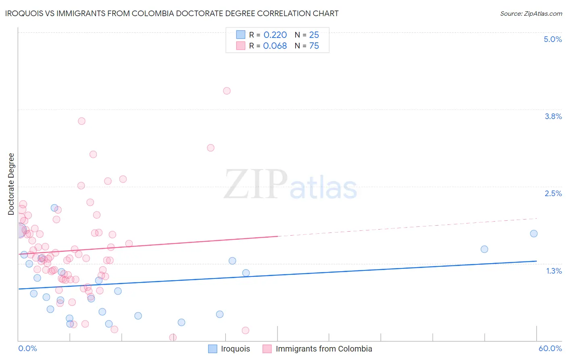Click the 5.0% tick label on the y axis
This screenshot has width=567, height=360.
coord(552,39)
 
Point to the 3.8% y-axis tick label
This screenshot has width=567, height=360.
coord(553,116)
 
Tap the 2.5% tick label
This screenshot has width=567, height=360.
coord(553,193)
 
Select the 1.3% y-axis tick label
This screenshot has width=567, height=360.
coord(554,271)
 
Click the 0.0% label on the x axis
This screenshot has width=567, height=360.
coord(27,348)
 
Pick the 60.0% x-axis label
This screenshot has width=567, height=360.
coord(550,348)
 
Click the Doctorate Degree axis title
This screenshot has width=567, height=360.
coord(11,184)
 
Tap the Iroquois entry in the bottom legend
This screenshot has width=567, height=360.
coord(235,349)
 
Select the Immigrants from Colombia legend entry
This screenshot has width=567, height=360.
coord(323,349)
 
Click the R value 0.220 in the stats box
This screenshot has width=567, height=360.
coord(275,35)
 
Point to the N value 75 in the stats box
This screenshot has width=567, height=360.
coord(314,46)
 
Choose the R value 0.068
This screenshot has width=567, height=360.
coord(275,46)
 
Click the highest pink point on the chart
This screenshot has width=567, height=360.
coord(227,91)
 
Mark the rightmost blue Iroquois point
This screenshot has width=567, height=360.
coord(534,234)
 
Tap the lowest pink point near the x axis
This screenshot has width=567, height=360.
coord(173,337)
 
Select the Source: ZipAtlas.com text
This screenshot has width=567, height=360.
coord(531,14)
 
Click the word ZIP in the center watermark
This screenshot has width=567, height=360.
coord(255,184)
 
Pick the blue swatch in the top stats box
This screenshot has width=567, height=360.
coord(241,35)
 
